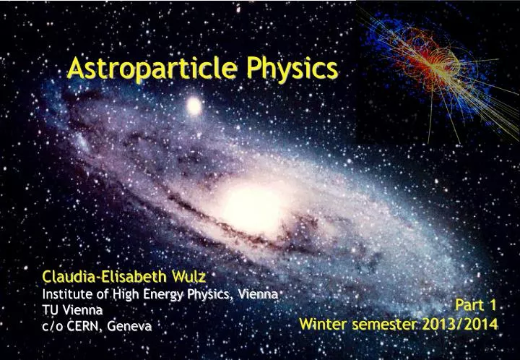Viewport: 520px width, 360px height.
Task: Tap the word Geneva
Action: pos(130,326)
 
